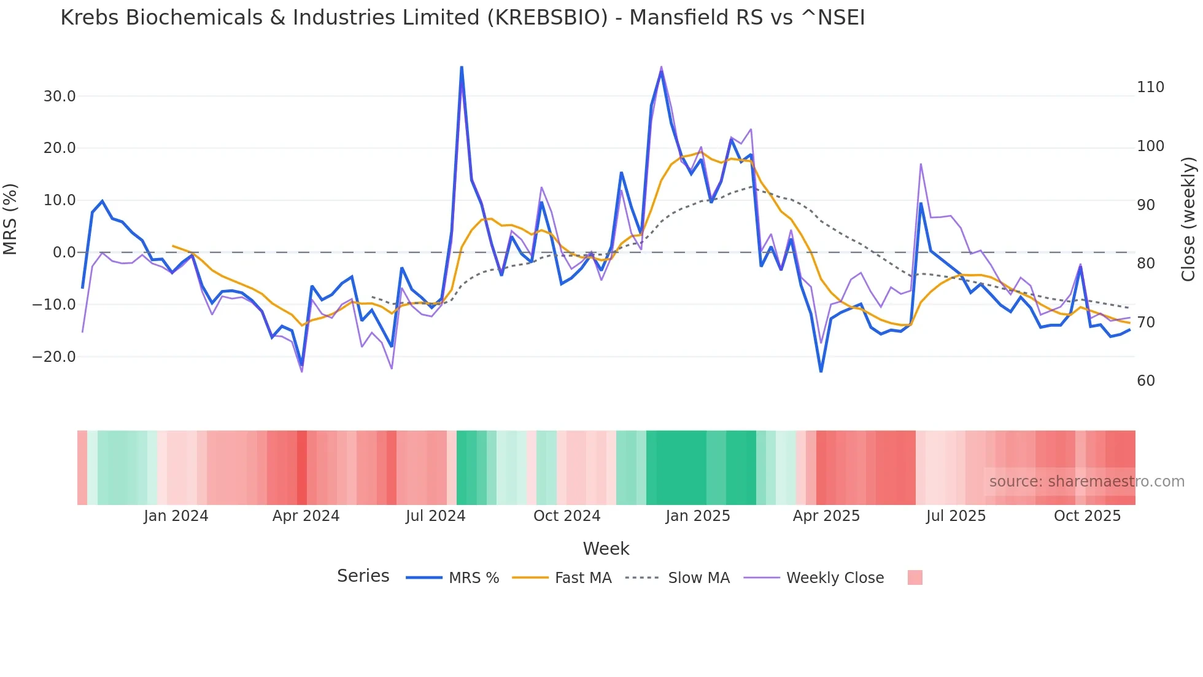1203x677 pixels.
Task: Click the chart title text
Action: click(462, 18)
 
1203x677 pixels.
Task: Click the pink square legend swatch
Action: click(915, 577)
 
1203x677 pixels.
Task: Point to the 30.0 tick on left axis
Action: click(60, 96)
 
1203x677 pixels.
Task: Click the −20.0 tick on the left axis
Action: click(54, 357)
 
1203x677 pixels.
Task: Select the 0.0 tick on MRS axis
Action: click(64, 252)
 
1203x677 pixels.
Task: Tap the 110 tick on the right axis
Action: click(1150, 87)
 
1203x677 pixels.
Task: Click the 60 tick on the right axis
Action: click(1145, 381)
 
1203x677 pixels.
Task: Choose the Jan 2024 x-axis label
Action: click(176, 516)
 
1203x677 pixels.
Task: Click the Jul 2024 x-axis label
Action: click(435, 516)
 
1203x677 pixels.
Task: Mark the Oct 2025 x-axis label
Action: click(1087, 516)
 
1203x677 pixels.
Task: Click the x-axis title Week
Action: click(606, 549)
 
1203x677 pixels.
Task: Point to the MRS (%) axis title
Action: click(10, 219)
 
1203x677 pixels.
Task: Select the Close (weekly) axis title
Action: click(1188, 219)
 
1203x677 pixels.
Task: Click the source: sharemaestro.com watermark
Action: click(1086, 482)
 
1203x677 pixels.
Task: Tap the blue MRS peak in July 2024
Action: click(462, 67)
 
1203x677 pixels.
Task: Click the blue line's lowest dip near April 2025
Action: click(821, 371)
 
